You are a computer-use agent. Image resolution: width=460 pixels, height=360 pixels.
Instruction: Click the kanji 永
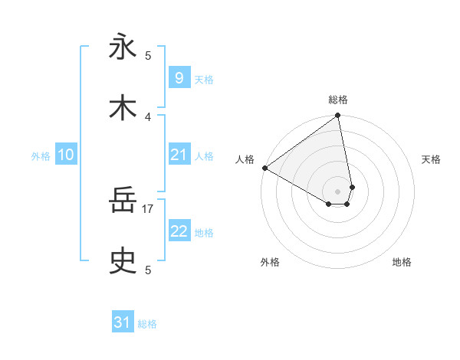click(123, 47)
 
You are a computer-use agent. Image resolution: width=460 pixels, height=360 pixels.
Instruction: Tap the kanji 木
click(123, 108)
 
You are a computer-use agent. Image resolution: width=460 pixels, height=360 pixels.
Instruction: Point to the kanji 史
click(123, 262)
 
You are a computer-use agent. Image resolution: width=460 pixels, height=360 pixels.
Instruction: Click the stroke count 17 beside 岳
click(148, 208)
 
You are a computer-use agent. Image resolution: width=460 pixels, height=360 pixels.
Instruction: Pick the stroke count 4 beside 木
click(148, 116)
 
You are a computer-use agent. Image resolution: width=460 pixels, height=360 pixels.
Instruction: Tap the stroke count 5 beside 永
click(148, 55)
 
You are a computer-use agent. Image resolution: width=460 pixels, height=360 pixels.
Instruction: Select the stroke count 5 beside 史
click(148, 270)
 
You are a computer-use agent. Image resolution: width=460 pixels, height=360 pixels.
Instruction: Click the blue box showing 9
click(179, 78)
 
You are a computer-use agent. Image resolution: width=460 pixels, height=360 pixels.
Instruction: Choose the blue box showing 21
click(179, 155)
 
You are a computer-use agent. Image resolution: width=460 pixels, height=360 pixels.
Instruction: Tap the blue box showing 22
click(179, 231)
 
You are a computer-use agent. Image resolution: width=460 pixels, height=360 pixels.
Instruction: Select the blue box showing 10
click(66, 155)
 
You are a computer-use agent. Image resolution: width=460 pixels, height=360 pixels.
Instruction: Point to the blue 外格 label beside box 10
click(41, 156)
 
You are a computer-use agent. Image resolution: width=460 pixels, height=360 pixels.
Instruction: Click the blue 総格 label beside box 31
click(147, 325)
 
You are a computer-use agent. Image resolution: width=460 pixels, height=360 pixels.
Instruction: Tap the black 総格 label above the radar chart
click(338, 100)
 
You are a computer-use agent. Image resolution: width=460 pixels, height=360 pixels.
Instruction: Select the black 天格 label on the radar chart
click(431, 159)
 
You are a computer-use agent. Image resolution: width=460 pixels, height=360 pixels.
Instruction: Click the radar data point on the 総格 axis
click(338, 116)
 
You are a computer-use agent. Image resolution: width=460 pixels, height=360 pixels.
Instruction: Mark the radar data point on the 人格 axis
click(264, 168)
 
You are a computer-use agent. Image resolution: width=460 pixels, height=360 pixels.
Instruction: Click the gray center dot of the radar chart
click(338, 191)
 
